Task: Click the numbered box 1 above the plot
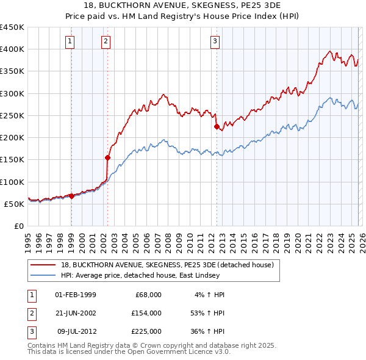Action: (x=71, y=41)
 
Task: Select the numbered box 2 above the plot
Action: (x=106, y=41)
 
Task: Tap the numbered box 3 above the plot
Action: (x=215, y=41)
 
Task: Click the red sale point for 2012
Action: (x=216, y=127)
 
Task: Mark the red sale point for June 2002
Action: (x=108, y=157)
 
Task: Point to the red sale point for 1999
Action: (x=71, y=196)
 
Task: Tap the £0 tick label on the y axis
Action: (x=19, y=226)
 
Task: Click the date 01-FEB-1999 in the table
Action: (x=75, y=295)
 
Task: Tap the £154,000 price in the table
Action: (x=146, y=313)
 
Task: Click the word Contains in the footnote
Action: (x=43, y=345)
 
